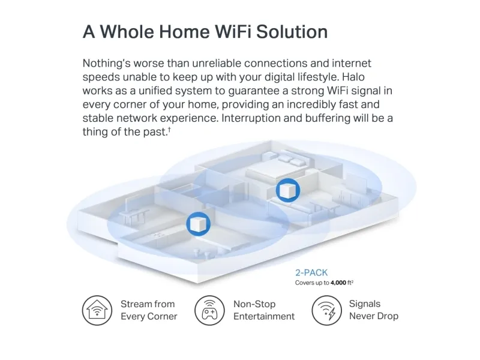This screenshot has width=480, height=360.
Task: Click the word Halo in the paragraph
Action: tap(367, 77)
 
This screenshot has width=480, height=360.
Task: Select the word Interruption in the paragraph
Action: tap(251, 118)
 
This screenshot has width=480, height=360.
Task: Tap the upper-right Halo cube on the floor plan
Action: tap(286, 190)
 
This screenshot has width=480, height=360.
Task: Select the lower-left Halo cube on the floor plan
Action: tap(197, 224)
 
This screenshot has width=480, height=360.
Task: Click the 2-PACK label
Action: tap(311, 272)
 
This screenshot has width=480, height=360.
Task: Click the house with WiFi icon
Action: tap(97, 310)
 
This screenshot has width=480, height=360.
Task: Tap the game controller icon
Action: tap(209, 310)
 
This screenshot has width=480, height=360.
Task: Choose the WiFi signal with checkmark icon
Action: tap(326, 310)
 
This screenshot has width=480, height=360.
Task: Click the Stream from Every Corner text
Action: tap(148, 310)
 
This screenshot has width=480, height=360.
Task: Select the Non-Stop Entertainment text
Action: tap(264, 310)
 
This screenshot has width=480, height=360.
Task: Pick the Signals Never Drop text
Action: tap(373, 310)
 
